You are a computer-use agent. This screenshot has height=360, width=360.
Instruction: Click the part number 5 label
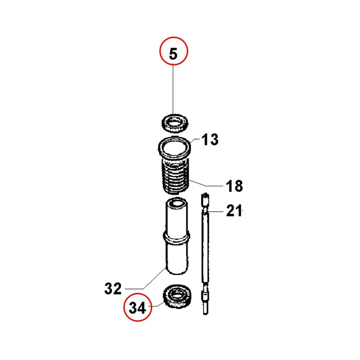[x=173, y=54]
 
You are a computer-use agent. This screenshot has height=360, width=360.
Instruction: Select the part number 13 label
[x=210, y=139]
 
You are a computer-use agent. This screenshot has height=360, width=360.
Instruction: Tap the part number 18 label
[x=234, y=186]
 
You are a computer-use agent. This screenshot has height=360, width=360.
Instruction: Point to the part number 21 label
[x=234, y=211]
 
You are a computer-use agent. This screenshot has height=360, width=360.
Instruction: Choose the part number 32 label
[x=113, y=288]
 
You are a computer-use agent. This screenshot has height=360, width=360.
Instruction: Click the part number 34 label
[x=137, y=308]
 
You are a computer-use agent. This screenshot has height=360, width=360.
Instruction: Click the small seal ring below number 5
[x=175, y=123]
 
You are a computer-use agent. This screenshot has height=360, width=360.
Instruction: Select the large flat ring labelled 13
[x=175, y=148]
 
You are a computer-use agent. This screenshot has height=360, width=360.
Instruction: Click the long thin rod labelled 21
[x=206, y=254]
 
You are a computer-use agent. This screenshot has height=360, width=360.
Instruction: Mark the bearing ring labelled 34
[x=177, y=296]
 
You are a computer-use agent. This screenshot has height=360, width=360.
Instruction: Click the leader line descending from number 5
[x=173, y=90]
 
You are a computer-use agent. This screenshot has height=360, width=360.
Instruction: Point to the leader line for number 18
[x=207, y=184]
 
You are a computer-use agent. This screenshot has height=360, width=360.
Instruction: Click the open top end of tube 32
[x=177, y=203]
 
